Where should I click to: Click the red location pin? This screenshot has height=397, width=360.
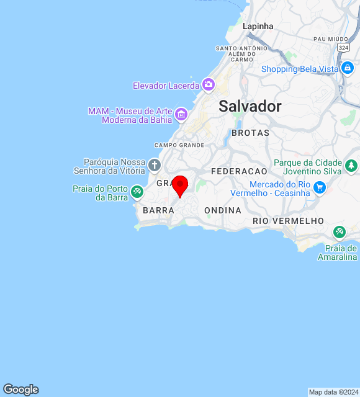(180, 185)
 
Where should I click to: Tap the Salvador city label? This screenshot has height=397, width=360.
(250, 106)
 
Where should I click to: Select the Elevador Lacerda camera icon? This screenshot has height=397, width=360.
(209, 84)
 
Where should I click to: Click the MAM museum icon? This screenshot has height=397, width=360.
(181, 114)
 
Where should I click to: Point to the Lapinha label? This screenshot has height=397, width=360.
(258, 26)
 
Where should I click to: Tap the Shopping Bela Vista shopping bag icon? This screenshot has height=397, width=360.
(348, 68)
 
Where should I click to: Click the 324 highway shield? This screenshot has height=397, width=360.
(343, 47)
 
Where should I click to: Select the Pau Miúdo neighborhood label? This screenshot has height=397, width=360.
(331, 38)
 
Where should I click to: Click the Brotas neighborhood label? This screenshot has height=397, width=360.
(250, 133)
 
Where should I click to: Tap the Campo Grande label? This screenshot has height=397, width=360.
(179, 145)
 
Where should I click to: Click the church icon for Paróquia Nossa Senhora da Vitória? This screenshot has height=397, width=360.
(155, 166)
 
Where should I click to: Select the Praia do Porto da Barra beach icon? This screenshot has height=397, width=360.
(137, 193)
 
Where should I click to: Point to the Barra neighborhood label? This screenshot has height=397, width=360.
(158, 211)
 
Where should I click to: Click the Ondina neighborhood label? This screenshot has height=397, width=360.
(223, 211)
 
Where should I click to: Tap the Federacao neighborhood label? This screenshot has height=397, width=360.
(239, 171)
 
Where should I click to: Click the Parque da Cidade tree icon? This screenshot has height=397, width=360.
(352, 166)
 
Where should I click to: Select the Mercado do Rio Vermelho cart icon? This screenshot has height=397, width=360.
(320, 187)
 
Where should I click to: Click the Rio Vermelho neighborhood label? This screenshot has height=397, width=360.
(288, 221)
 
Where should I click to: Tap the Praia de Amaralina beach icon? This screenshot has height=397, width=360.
(340, 232)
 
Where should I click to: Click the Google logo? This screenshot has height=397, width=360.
(20, 390)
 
